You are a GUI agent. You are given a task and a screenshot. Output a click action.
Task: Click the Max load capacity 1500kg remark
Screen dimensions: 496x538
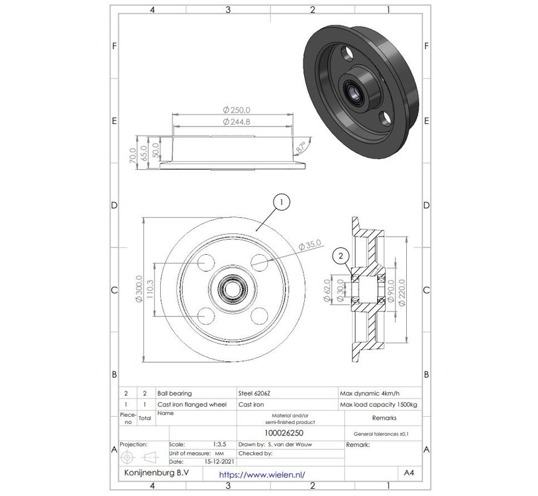coord(369,404)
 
